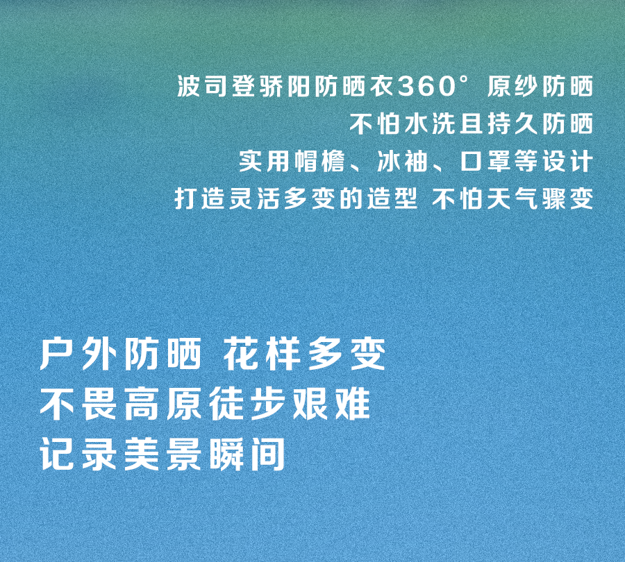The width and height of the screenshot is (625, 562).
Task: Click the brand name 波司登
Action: pos(210,87)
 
